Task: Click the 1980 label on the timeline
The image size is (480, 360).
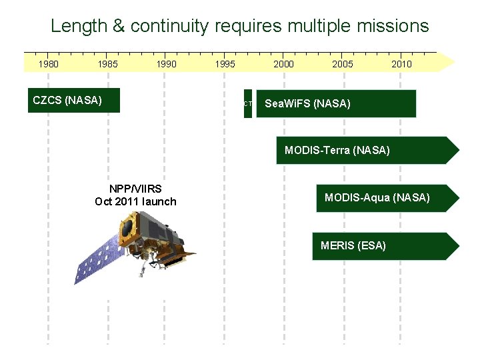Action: (x=48, y=64)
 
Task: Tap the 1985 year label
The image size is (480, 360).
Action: (x=107, y=64)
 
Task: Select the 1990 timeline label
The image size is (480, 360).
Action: (x=166, y=64)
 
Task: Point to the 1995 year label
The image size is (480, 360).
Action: (x=225, y=64)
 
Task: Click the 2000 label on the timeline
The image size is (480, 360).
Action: (x=283, y=64)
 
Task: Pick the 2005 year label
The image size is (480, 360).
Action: (x=343, y=64)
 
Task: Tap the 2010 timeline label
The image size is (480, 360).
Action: (x=401, y=64)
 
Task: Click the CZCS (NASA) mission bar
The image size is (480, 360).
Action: (x=73, y=101)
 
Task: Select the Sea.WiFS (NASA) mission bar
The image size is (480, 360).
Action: (x=336, y=103)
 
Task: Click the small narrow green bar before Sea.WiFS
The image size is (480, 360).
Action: (x=248, y=103)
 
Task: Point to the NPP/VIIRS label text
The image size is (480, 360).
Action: (x=135, y=189)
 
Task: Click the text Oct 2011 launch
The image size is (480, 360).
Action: (x=135, y=201)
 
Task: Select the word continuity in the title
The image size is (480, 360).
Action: (x=169, y=26)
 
